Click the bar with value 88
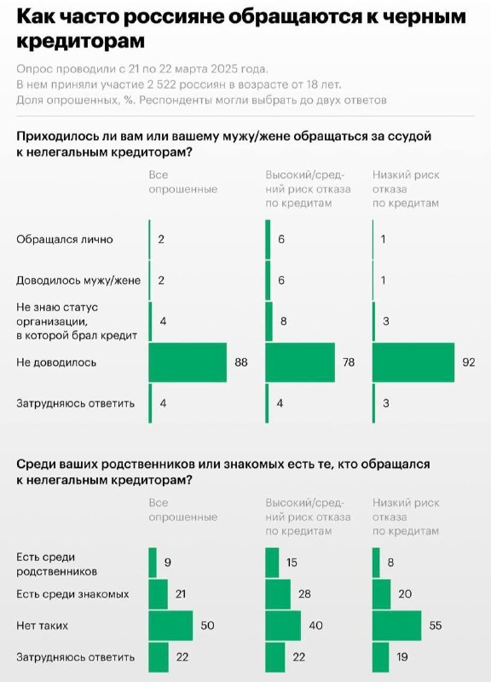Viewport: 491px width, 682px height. (x=188, y=362)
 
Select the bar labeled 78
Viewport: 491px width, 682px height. (x=300, y=362)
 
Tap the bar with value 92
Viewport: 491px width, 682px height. (x=413, y=362)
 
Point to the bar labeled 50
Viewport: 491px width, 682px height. (x=170, y=626)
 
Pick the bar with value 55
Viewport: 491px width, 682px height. (x=397, y=626)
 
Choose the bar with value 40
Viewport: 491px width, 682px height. (x=283, y=626)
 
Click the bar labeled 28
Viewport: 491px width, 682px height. (x=278, y=594)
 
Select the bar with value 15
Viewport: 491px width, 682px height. (x=272, y=563)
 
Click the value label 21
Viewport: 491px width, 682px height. (x=181, y=594)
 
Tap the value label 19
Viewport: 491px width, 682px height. (x=402, y=656)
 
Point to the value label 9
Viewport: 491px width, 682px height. (x=167, y=563)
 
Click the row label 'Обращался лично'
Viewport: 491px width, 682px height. (x=65, y=240)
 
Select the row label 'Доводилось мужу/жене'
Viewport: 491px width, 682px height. (x=78, y=280)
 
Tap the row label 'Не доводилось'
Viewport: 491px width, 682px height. (x=56, y=362)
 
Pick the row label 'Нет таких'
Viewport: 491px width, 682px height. (x=42, y=626)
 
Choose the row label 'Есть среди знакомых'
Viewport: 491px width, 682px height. (x=72, y=594)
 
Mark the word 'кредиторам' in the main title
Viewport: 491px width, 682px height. (x=80, y=41)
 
